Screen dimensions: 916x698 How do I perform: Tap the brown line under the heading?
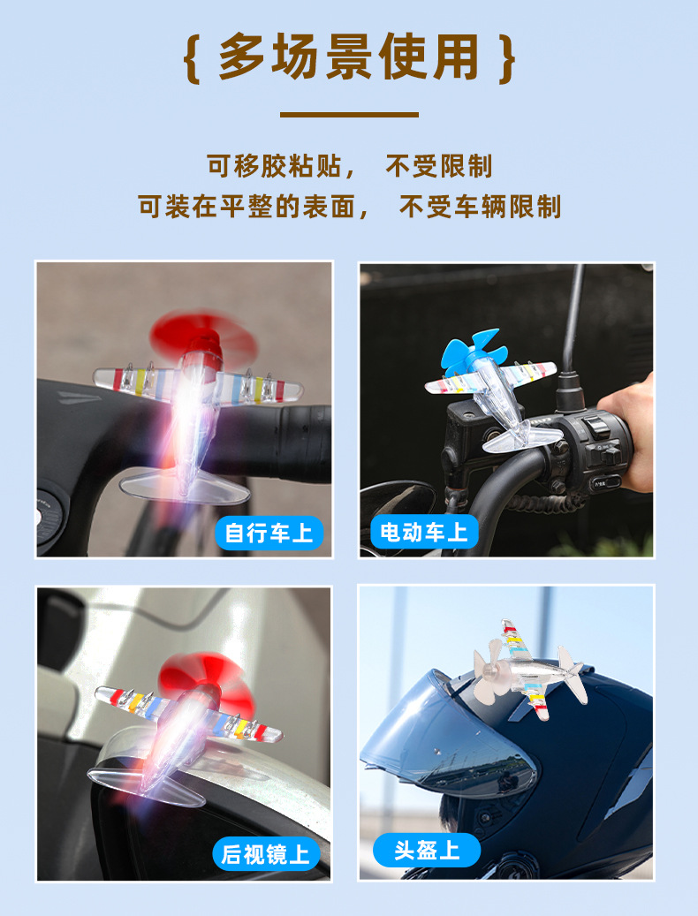tap(349, 114)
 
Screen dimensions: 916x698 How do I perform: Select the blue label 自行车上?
tap(269, 533)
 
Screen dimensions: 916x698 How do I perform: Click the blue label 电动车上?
tap(423, 532)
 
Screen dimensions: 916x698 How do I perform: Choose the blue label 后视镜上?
tap(265, 854)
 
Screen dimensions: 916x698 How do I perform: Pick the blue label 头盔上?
tap(427, 850)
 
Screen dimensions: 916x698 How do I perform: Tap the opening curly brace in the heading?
tap(190, 57)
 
